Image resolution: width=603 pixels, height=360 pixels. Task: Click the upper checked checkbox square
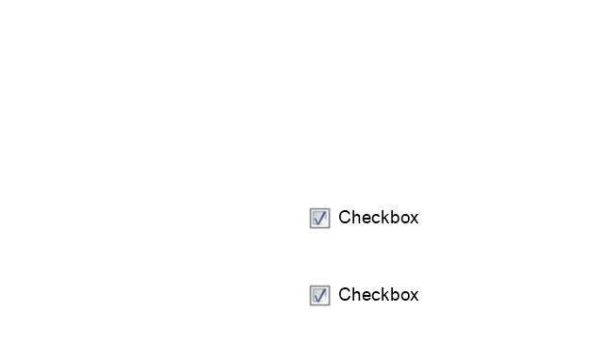pyautogui.click(x=319, y=218)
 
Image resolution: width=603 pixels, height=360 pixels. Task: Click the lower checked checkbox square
pyautogui.click(x=319, y=295)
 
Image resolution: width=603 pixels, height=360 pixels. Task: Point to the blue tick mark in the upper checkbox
pyautogui.click(x=319, y=219)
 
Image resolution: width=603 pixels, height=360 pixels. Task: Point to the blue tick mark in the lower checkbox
pyautogui.click(x=319, y=296)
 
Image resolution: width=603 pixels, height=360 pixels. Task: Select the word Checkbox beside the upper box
pyautogui.click(x=379, y=218)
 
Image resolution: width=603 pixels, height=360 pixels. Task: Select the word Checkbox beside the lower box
pyautogui.click(x=379, y=295)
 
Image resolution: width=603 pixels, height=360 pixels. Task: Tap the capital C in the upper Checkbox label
pyautogui.click(x=345, y=218)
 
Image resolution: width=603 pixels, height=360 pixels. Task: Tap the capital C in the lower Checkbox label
pyautogui.click(x=345, y=295)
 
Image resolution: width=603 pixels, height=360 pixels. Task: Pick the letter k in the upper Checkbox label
pyautogui.click(x=384, y=218)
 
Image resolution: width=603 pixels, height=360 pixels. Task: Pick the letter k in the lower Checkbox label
pyautogui.click(x=384, y=295)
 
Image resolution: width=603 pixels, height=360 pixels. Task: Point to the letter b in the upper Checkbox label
pyautogui.click(x=395, y=218)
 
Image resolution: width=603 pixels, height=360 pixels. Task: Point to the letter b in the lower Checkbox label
pyautogui.click(x=395, y=295)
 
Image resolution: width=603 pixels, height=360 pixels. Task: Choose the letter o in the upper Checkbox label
pyautogui.click(x=404, y=220)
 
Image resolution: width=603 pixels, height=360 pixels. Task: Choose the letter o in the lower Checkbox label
pyautogui.click(x=404, y=297)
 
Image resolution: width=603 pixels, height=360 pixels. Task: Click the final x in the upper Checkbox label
pyautogui.click(x=415, y=220)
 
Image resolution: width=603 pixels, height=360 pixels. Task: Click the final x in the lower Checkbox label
pyautogui.click(x=415, y=297)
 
